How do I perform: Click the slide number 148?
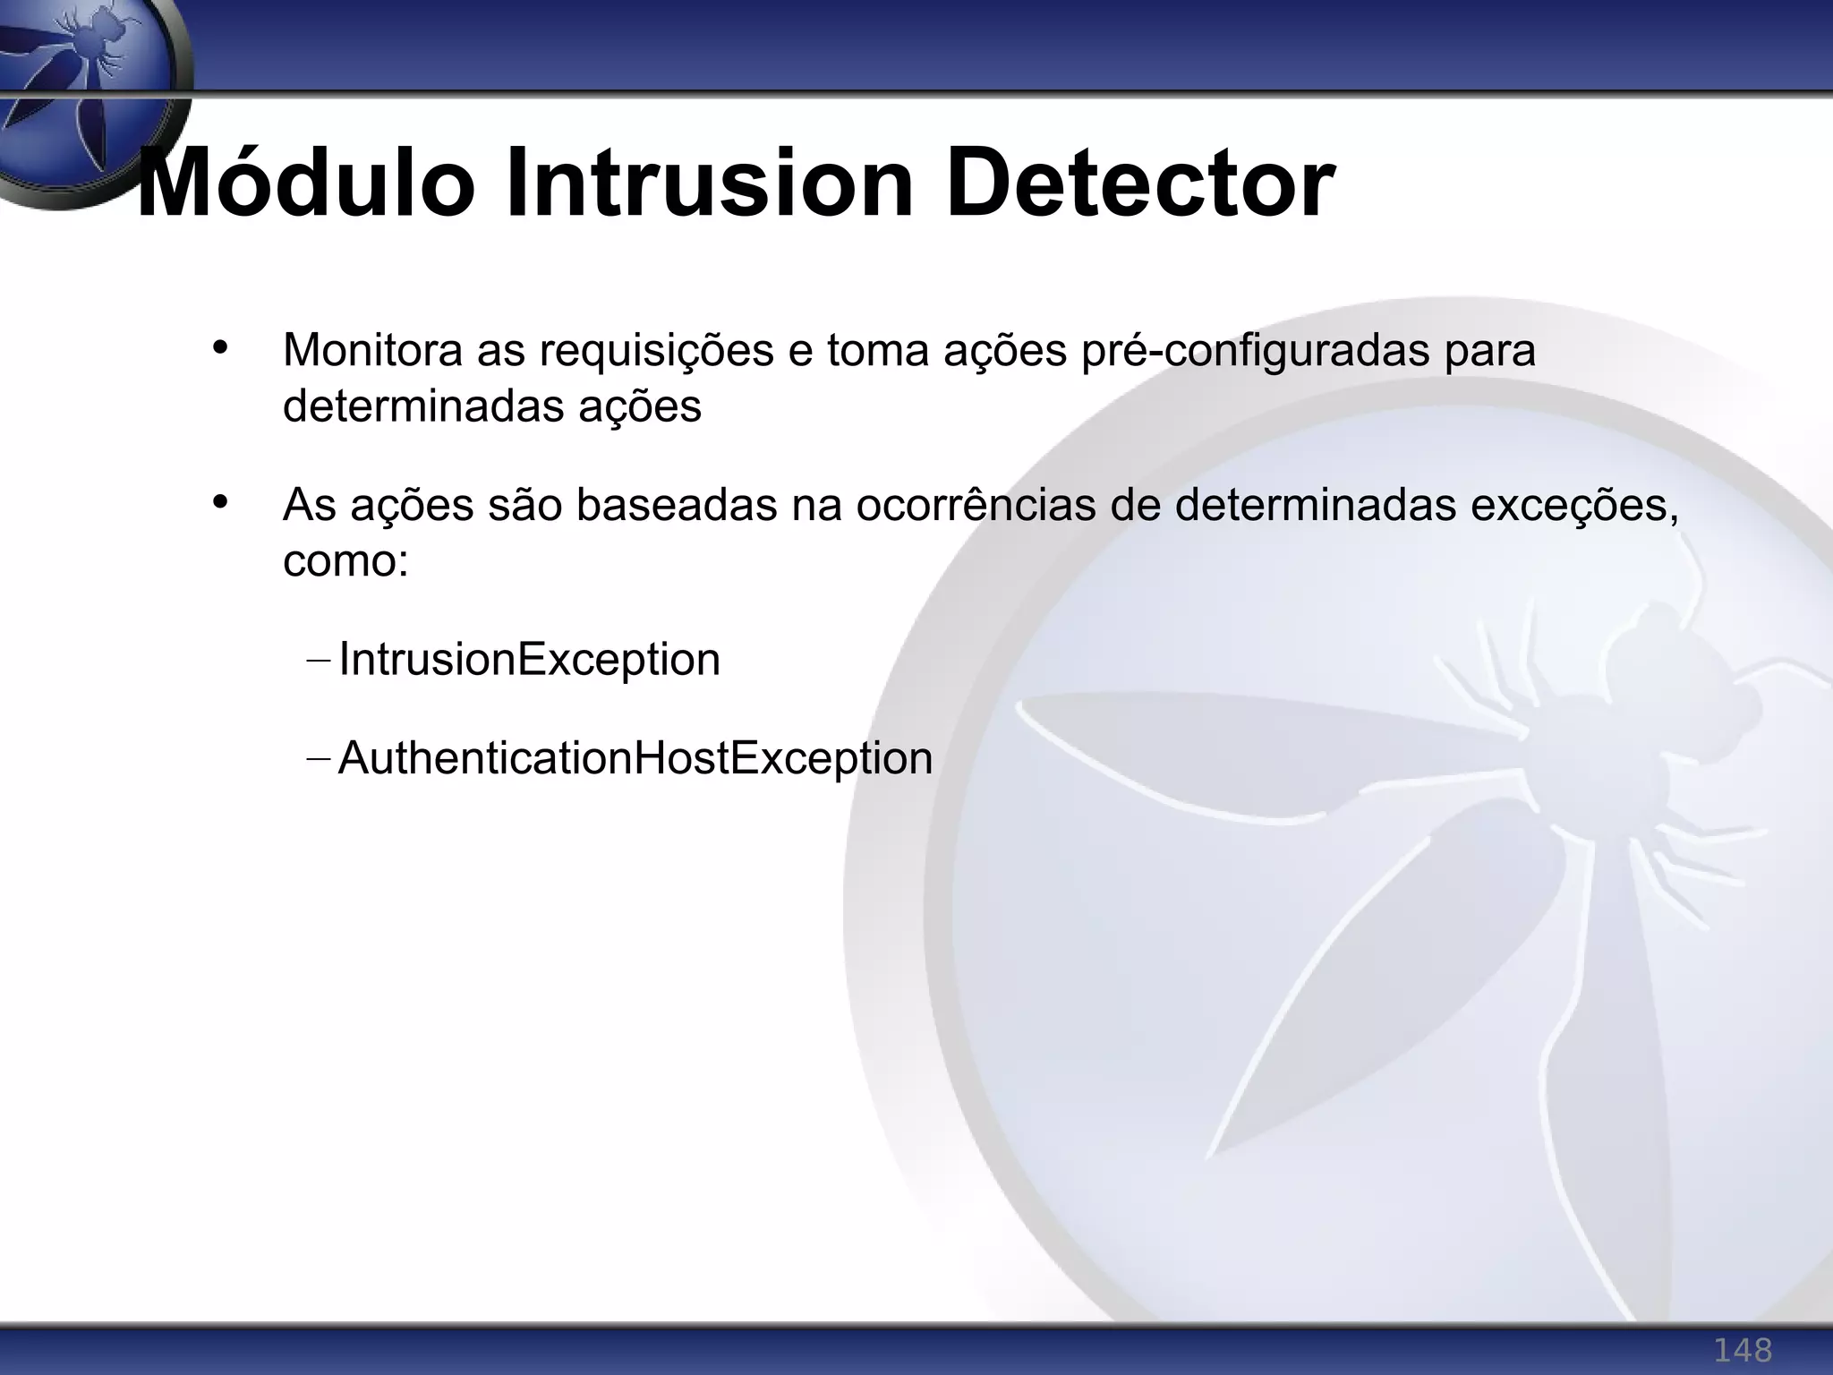[1742, 1349]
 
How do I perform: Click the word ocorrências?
[976, 505]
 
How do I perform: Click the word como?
[345, 562]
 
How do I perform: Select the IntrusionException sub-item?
[529, 661]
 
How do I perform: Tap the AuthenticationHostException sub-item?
[635, 759]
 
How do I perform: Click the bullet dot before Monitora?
[221, 348]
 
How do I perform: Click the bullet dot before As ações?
[221, 502]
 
